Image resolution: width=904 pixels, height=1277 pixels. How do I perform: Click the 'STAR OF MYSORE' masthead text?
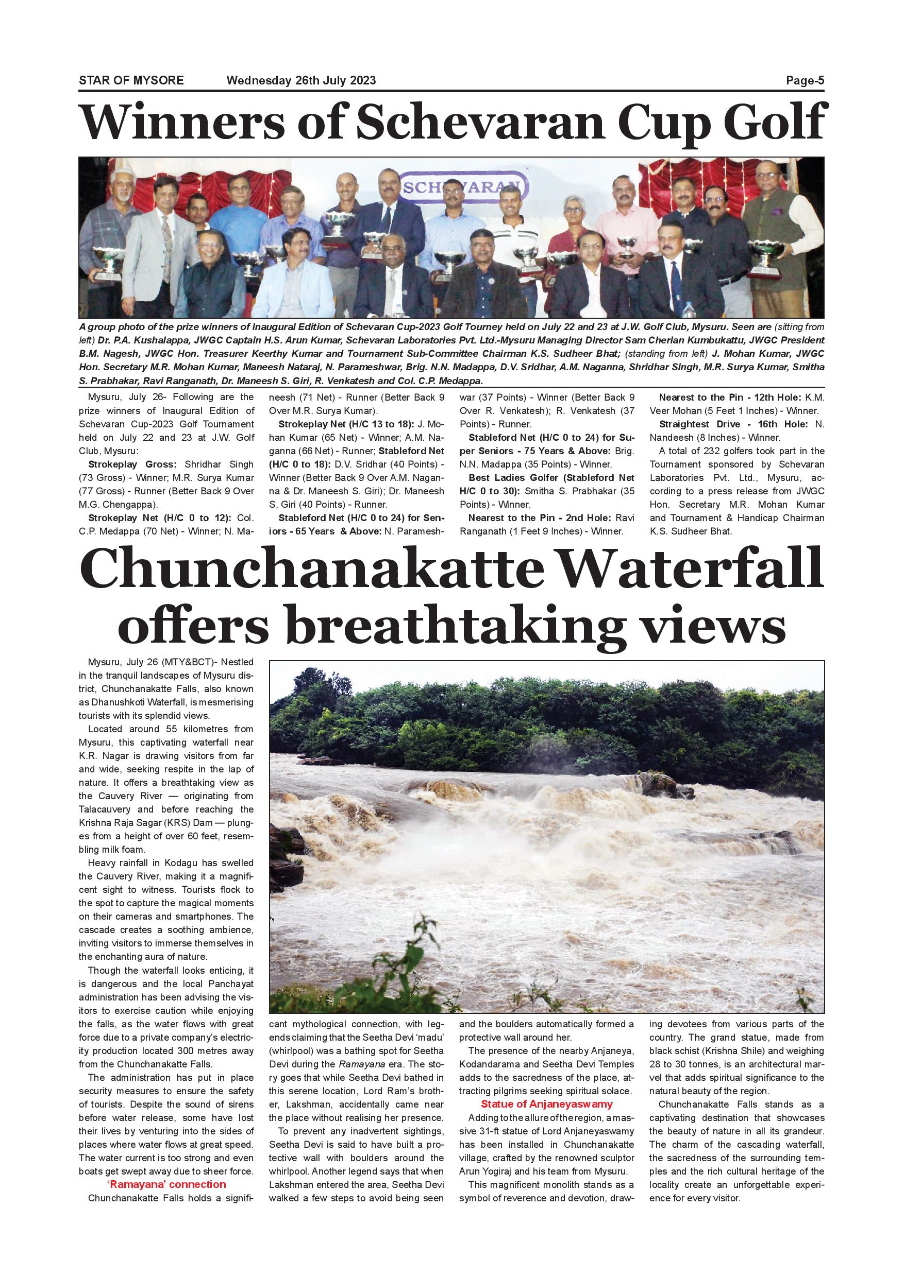point(131,80)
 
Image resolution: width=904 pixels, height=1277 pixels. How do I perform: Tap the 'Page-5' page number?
point(805,80)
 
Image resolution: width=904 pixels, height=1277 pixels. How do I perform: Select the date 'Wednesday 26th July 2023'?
point(301,80)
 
